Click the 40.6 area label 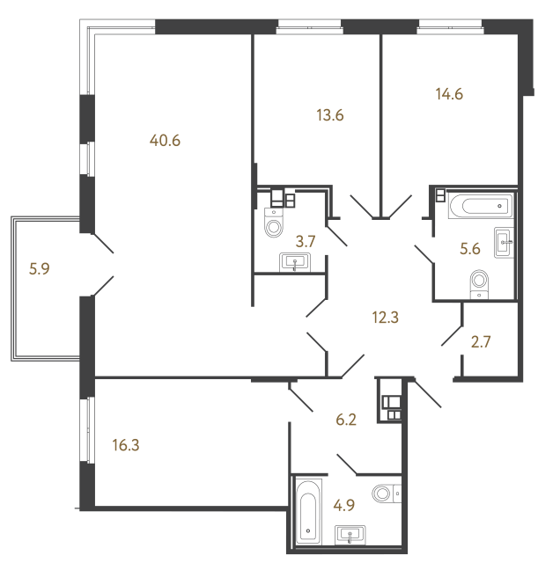[165, 141]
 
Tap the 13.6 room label [330, 115]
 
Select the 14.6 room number [449, 94]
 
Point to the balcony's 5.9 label [39, 268]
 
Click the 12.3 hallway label [386, 318]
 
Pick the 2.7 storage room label [481, 342]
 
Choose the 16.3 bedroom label [125, 445]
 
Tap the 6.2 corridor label [346, 420]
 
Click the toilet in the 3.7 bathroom [274, 222]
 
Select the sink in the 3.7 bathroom [295, 262]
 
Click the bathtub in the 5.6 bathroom [480, 206]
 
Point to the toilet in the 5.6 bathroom [479, 284]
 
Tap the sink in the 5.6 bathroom [504, 243]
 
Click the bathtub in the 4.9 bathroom [308, 512]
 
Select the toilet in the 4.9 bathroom [387, 494]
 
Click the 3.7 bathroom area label [306, 242]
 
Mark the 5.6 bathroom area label [469, 248]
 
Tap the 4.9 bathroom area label [344, 505]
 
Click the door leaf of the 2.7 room [452, 335]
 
